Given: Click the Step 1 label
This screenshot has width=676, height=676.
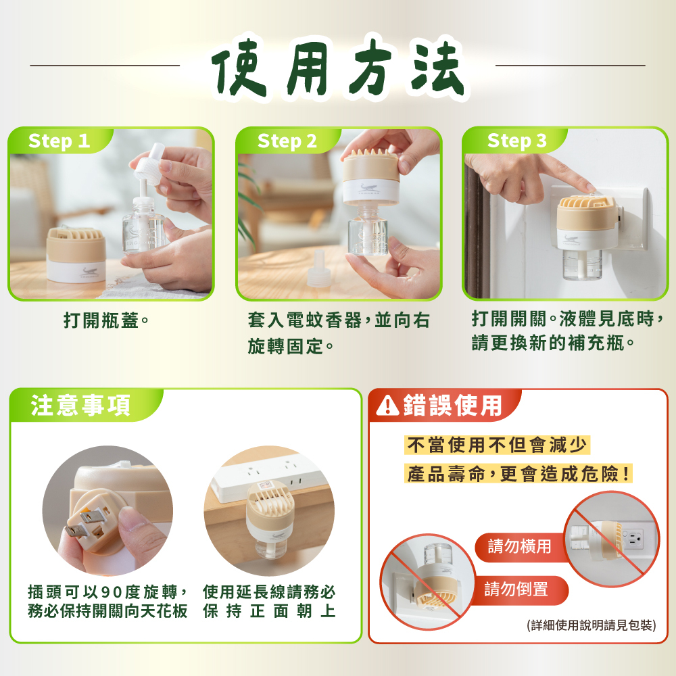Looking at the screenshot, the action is (x=59, y=141).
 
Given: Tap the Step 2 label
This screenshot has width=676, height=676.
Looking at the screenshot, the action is (x=287, y=141).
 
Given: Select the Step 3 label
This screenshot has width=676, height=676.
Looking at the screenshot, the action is (x=517, y=141).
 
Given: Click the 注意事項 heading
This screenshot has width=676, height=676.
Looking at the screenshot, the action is (x=80, y=406).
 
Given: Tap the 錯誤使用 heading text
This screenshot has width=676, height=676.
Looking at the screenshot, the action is (x=453, y=405).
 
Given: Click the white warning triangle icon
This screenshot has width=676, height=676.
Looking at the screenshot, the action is (x=387, y=406).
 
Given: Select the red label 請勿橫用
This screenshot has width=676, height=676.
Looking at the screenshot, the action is (x=519, y=547).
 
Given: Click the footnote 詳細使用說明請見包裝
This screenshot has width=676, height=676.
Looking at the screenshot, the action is (x=591, y=625).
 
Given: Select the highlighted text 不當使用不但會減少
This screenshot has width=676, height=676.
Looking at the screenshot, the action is (x=497, y=445).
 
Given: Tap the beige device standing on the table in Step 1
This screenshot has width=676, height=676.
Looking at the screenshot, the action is (x=76, y=254).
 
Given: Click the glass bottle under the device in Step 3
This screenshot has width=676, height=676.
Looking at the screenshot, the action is (x=582, y=264).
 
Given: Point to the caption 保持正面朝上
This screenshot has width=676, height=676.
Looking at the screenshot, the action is (x=269, y=611).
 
